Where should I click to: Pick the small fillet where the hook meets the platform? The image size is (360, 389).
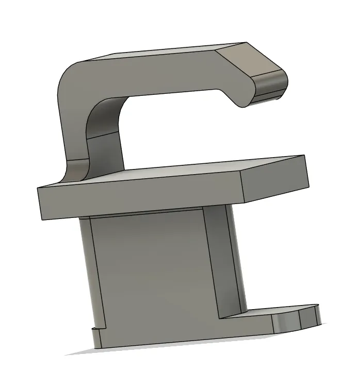pos(77,170)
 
